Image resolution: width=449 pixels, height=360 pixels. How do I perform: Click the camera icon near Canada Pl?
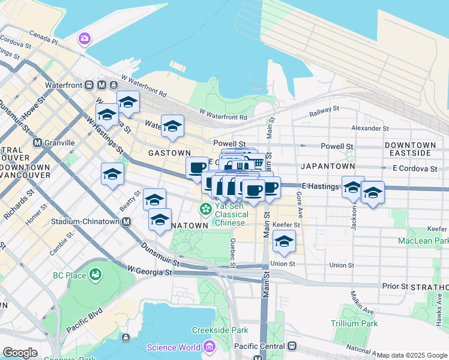85,39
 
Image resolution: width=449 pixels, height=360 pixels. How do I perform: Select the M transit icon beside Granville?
38,143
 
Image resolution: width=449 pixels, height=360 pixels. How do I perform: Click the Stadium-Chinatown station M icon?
126,221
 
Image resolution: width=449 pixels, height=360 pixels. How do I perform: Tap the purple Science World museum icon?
208,347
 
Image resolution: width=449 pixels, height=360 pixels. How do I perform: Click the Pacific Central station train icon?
292,347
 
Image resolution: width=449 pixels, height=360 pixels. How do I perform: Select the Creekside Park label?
220,330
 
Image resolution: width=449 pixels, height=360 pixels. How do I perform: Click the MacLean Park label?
423,241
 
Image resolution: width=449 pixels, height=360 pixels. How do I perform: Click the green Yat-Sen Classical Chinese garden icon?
206,209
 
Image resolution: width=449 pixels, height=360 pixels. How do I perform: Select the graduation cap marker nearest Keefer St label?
284,241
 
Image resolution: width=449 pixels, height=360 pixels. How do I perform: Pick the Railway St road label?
324,112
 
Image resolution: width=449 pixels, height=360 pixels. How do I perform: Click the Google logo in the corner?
20,353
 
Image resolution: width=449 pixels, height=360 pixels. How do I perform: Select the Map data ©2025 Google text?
412,355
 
